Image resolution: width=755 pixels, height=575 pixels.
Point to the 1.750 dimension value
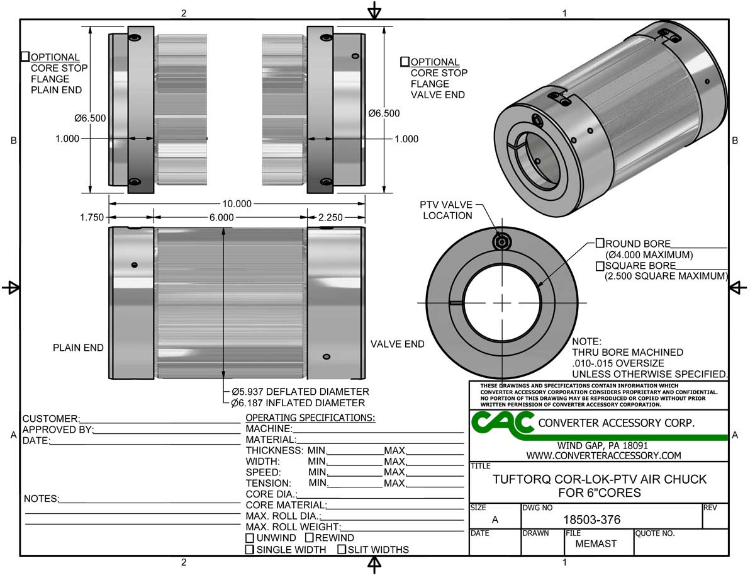tap(91, 217)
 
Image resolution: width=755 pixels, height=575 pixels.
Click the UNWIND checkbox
tap(250, 538)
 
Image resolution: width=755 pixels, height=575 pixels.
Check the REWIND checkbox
tap(310, 538)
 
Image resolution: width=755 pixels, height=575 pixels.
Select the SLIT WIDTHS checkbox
tap(342, 550)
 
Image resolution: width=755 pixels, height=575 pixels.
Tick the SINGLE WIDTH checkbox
tap(250, 550)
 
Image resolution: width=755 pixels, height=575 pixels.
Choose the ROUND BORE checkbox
tap(600, 243)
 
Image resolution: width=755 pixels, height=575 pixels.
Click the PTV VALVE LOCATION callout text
tap(446, 210)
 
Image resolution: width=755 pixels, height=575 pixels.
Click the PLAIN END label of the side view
tap(78, 348)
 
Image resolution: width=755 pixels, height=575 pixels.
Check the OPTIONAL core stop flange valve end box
tap(405, 62)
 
